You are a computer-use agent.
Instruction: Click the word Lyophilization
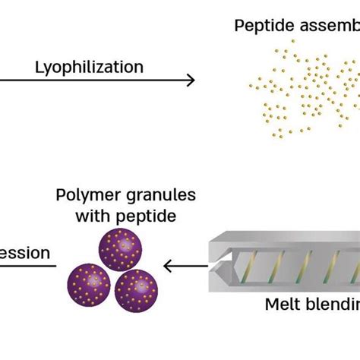pyautogui.click(x=89, y=67)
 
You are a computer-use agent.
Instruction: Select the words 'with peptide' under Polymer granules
pyautogui.click(x=125, y=216)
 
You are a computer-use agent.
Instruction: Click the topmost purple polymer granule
pyautogui.click(x=121, y=249)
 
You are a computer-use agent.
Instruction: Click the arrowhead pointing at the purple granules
pyautogui.click(x=169, y=266)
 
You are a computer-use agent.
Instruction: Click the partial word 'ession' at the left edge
pyautogui.click(x=26, y=251)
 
